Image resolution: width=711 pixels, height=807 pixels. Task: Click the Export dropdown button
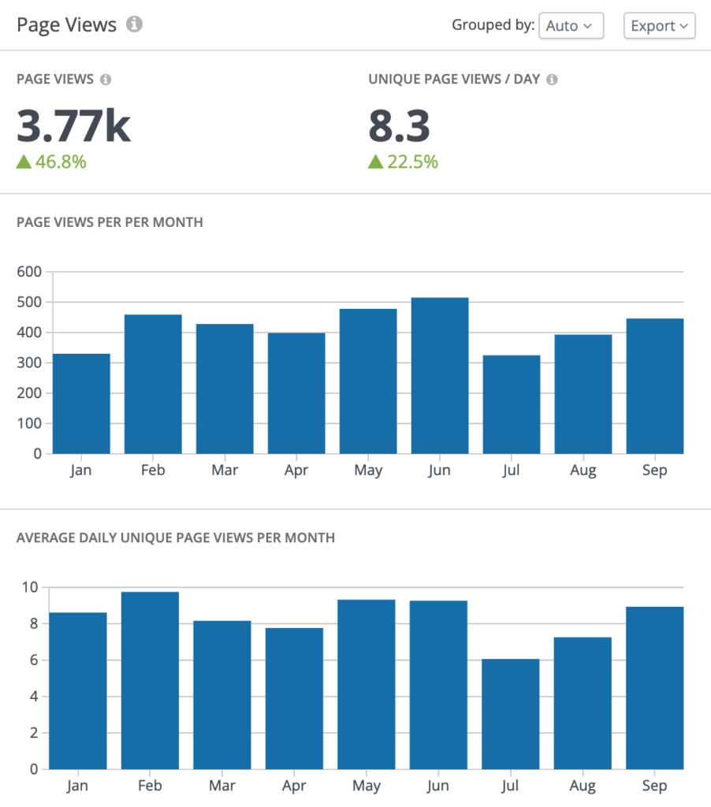660,26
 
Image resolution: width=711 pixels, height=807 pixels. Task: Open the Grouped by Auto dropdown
571,26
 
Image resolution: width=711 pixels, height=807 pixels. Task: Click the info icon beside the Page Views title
135,24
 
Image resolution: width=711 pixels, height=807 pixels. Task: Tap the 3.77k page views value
73,125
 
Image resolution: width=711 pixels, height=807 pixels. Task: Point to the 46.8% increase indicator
51,162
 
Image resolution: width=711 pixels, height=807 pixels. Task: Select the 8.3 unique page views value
399,125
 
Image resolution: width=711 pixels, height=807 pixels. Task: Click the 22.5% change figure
403,162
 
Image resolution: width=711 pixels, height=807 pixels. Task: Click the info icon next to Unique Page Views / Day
552,80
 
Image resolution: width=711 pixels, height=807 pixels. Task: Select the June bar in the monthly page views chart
440,376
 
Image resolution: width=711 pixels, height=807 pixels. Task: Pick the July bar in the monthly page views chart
512,404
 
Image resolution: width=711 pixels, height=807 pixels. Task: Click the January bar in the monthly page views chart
81,403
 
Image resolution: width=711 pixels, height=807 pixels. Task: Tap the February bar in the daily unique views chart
150,680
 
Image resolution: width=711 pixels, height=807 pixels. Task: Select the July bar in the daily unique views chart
511,714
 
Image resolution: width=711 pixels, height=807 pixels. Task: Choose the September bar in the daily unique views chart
654,687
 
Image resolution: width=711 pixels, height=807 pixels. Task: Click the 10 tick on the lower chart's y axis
29,587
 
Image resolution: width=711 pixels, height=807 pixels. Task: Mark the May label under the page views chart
368,470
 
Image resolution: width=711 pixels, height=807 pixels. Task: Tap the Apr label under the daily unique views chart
294,786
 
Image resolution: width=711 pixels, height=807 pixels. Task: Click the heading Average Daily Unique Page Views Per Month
176,537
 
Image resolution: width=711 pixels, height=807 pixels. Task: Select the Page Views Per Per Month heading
110,222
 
